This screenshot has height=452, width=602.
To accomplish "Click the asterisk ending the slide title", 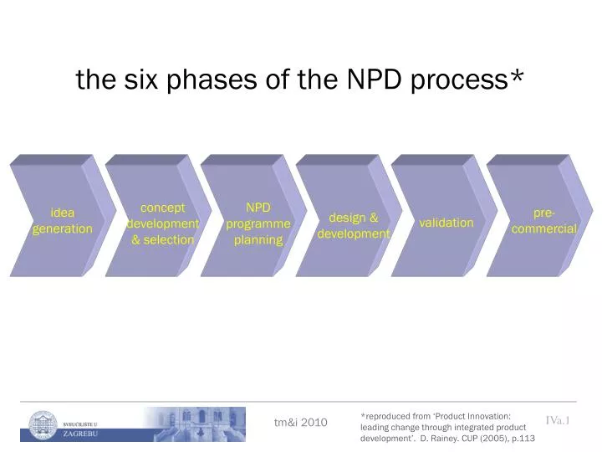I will pos(517,77).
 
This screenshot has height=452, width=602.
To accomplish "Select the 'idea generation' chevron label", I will pos(63,221).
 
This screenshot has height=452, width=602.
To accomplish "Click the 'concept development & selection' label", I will pos(162,223).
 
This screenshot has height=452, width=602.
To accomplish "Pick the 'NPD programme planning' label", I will pos(258,223).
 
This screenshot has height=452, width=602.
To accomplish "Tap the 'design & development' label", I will pos(354,225).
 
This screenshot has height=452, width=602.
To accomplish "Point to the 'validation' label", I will pos(446,223).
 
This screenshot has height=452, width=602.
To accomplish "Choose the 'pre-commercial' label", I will pos(544,221).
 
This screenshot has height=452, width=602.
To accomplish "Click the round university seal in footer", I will pos(41,424).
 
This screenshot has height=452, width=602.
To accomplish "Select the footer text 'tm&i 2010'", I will pos(301,422).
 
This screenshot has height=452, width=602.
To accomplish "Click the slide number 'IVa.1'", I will pos(558,419).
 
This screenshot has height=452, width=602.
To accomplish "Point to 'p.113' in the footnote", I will pos(520,438).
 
